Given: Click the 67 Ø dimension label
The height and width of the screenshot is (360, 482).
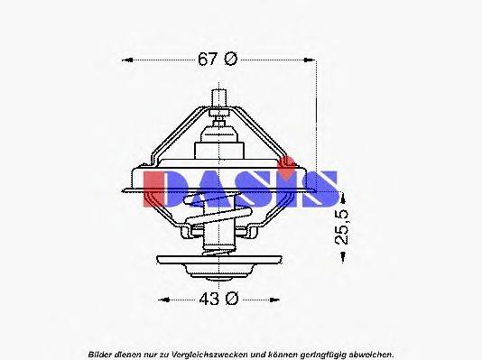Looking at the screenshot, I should [218, 60].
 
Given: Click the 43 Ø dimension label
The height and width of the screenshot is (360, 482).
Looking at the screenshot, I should [218, 300].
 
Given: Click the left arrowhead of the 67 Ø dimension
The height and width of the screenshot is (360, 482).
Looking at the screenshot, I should [125, 60].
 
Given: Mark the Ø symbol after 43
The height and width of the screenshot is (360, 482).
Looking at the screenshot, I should [230, 300].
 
